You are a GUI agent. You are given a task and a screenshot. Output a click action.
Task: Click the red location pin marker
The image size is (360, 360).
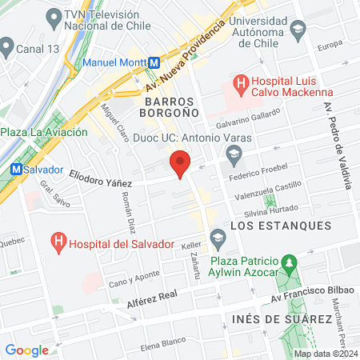180,165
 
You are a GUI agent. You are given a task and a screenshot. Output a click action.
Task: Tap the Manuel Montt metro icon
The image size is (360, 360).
153,62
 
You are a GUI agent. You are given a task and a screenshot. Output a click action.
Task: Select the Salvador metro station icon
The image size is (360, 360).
15,170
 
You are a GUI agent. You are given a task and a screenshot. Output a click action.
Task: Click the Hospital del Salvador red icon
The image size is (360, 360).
58,239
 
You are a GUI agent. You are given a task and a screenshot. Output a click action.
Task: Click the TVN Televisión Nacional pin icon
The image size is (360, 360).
54,16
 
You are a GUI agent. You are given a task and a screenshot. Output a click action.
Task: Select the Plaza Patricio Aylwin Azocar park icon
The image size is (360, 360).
290,262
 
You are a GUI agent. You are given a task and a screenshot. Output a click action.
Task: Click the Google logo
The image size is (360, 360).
26,350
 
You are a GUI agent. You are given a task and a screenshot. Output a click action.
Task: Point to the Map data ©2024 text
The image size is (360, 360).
325,353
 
